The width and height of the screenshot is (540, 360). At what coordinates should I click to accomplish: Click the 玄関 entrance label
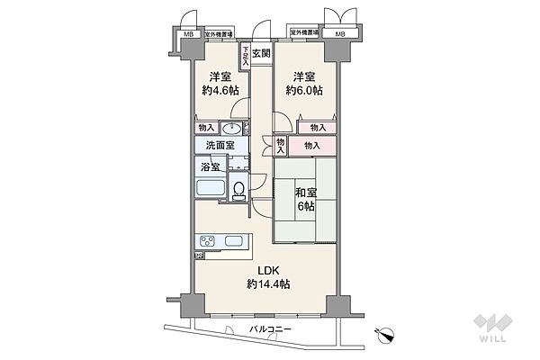pyautogui.click(x=260, y=53)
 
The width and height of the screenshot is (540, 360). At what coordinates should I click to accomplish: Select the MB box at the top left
pyautogui.click(x=188, y=34)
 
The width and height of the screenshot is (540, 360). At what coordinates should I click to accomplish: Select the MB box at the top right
pyautogui.click(x=340, y=34)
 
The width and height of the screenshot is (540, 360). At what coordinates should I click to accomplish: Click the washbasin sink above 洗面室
pyautogui.click(x=222, y=129)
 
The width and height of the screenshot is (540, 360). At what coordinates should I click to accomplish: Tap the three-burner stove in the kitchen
pyautogui.click(x=209, y=242)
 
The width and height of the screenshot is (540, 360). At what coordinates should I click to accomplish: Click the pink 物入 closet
pyautogui.click(x=312, y=146)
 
